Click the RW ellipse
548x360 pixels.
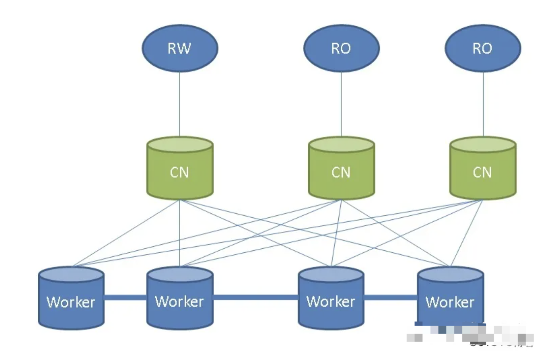[x=180, y=48]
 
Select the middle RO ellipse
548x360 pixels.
[x=341, y=48]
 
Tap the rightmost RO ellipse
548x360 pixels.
[x=482, y=48]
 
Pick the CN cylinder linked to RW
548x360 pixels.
[x=180, y=172]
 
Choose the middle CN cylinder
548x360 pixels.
[x=341, y=172]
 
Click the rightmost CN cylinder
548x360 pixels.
[x=482, y=172]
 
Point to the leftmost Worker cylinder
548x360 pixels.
[x=71, y=302]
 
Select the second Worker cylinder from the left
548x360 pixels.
[x=180, y=302]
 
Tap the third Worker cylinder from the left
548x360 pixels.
[x=331, y=302]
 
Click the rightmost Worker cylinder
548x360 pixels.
[x=450, y=302]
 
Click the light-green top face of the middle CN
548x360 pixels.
[x=341, y=144]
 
